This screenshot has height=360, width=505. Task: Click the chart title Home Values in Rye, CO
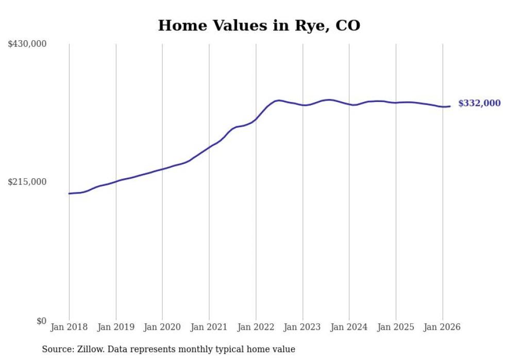tap(259, 25)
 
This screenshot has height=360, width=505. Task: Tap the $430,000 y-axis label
tap(27, 44)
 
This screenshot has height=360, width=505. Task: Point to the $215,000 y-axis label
tap(27, 182)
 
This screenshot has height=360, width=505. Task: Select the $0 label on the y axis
tap(41, 321)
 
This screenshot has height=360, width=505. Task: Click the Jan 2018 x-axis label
tap(69, 327)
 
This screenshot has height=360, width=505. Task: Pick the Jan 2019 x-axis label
tap(116, 327)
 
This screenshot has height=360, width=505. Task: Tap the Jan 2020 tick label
tap(162, 327)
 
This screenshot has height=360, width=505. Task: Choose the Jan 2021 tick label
tap(209, 327)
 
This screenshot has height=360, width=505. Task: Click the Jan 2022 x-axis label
tap(256, 327)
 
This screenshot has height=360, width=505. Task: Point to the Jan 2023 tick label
tap(302, 327)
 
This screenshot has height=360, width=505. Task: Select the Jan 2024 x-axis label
tap(349, 327)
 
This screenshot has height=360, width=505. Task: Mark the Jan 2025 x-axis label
tap(396, 327)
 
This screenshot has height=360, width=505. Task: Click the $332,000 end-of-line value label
tap(479, 103)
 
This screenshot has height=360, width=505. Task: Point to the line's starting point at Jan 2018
tap(69, 194)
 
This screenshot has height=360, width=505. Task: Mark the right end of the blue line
tap(450, 106)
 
